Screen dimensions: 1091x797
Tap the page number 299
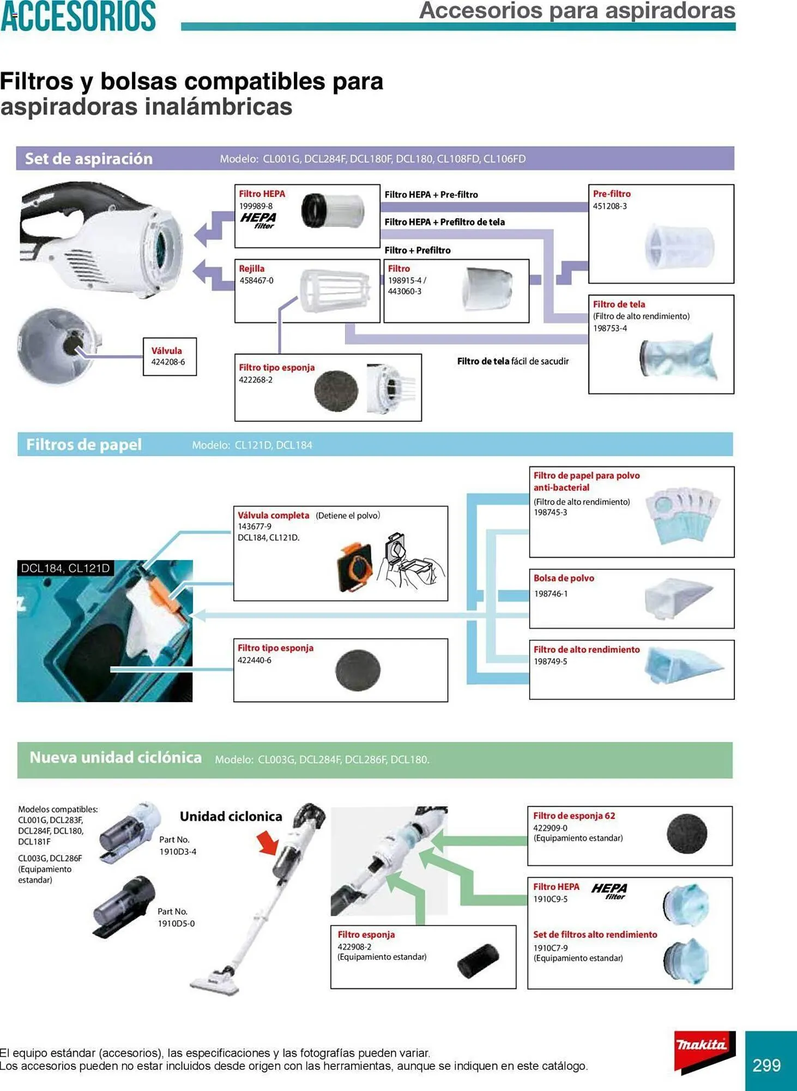766,1065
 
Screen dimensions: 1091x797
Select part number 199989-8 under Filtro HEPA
256,206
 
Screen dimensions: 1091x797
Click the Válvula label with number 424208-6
169,356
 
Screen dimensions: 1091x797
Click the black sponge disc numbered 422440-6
358,670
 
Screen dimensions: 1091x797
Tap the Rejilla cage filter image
334,290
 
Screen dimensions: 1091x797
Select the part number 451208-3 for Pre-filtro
609,206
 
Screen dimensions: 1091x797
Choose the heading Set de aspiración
89,159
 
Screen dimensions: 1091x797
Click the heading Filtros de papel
84,445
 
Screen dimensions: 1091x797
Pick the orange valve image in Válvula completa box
355,567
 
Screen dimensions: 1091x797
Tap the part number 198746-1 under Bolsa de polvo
551,594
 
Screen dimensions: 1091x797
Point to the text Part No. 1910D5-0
176,918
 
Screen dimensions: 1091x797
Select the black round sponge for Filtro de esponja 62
687,834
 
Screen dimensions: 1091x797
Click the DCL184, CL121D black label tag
65,568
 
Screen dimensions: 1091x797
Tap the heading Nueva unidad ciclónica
116,758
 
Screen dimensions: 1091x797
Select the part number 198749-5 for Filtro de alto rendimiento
550,661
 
